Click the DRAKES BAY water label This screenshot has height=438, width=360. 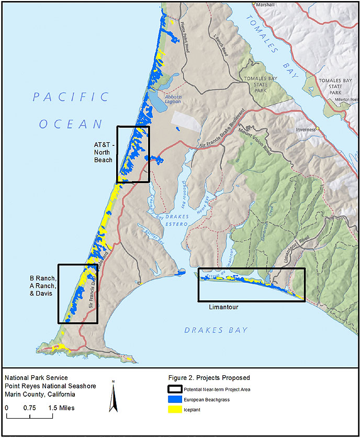click(216, 330)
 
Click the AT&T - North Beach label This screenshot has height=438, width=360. click(103, 152)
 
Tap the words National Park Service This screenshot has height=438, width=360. click(36, 378)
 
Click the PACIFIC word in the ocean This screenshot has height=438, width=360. click(71, 97)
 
